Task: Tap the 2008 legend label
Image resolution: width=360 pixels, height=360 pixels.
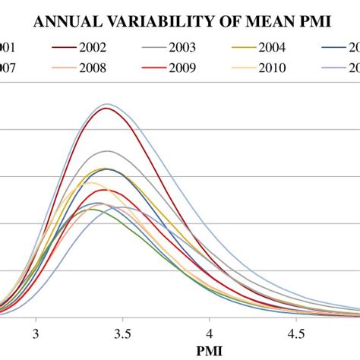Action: click(x=92, y=68)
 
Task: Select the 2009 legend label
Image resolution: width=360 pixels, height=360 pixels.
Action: click(x=181, y=68)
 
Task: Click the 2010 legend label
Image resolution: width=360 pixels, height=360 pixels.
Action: click(x=271, y=68)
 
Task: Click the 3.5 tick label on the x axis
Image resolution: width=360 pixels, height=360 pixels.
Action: click(x=122, y=333)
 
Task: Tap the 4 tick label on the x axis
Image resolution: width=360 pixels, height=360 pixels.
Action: click(x=210, y=333)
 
